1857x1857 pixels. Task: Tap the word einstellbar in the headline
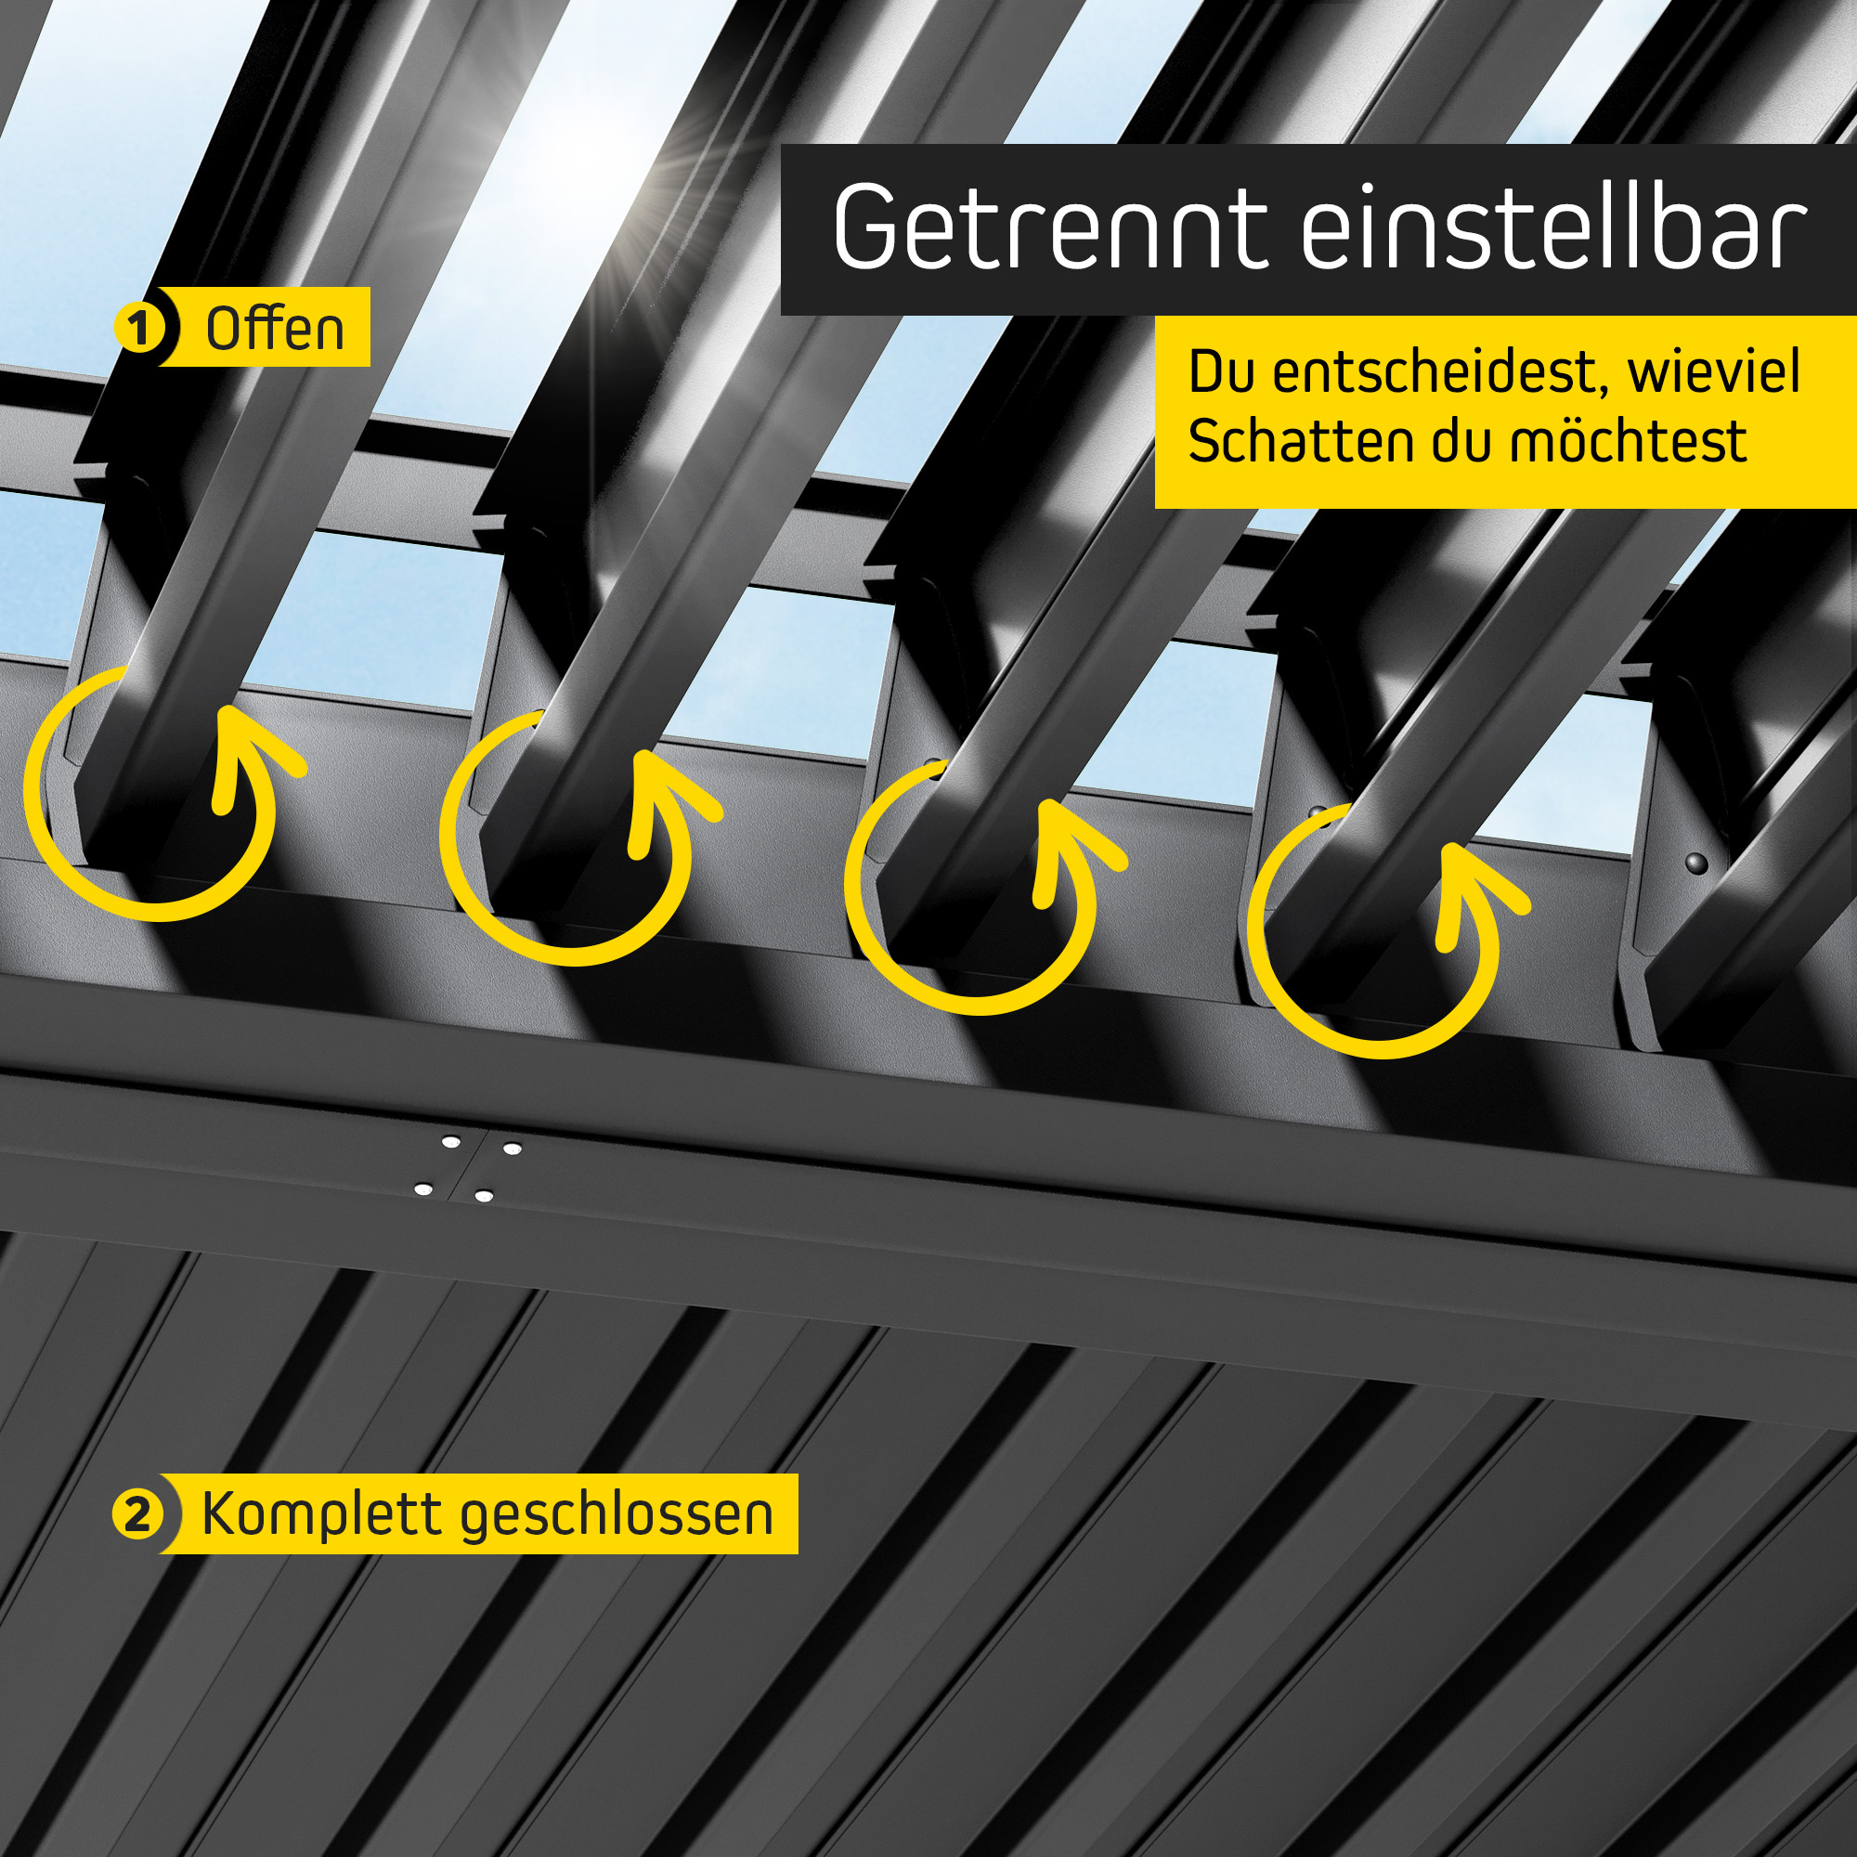pyautogui.click(x=1553, y=227)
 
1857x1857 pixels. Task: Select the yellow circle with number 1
pyautogui.click(x=140, y=329)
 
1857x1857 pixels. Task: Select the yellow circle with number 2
pyautogui.click(x=138, y=1514)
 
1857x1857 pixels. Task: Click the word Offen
pyautogui.click(x=274, y=329)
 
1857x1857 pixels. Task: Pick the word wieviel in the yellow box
pyautogui.click(x=1713, y=373)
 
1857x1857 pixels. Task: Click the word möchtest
pyautogui.click(x=1627, y=441)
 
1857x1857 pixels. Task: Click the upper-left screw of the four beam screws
pyautogui.click(x=449, y=1142)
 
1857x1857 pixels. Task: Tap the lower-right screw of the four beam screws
pyautogui.click(x=484, y=1197)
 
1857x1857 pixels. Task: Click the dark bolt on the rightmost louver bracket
pyautogui.click(x=1696, y=863)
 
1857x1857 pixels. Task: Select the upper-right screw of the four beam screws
pyautogui.click(x=513, y=1149)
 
